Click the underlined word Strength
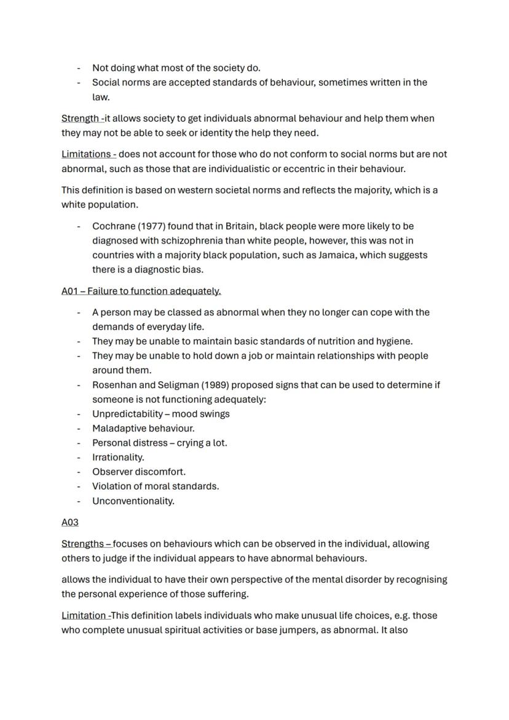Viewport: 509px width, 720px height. [81, 118]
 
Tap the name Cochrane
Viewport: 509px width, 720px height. [114, 226]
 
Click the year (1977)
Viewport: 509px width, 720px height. [151, 226]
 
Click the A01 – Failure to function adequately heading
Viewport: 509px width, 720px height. [141, 291]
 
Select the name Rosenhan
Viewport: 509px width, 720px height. [113, 385]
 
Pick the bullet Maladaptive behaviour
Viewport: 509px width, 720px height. [143, 428]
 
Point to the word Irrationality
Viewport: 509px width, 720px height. [118, 457]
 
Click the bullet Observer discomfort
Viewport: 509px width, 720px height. [139, 472]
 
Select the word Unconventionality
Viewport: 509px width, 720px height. [133, 500]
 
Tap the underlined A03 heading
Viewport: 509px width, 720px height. [70, 522]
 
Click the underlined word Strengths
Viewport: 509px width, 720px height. [83, 544]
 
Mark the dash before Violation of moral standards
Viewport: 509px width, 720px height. [79, 486]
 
